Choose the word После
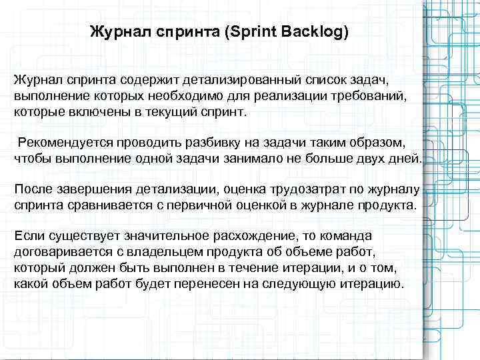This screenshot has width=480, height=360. point(35,189)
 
